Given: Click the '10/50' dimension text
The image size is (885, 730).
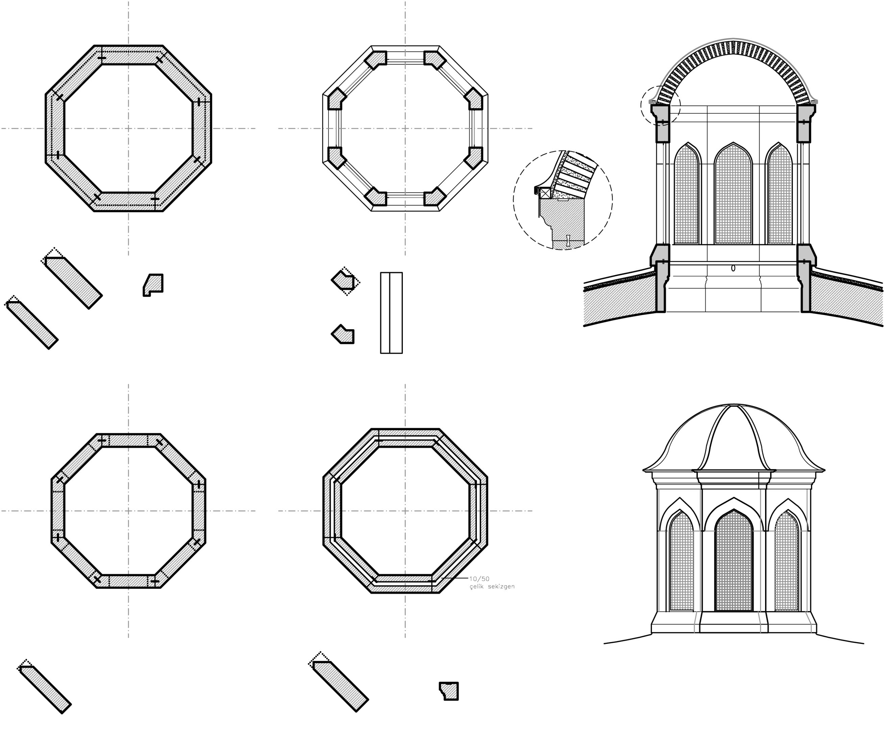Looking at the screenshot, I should [479, 579].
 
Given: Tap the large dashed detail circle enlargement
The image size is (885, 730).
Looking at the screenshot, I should [563, 200].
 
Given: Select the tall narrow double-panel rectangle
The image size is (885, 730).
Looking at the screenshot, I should [391, 313].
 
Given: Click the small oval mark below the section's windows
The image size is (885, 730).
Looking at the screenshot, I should [733, 268].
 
